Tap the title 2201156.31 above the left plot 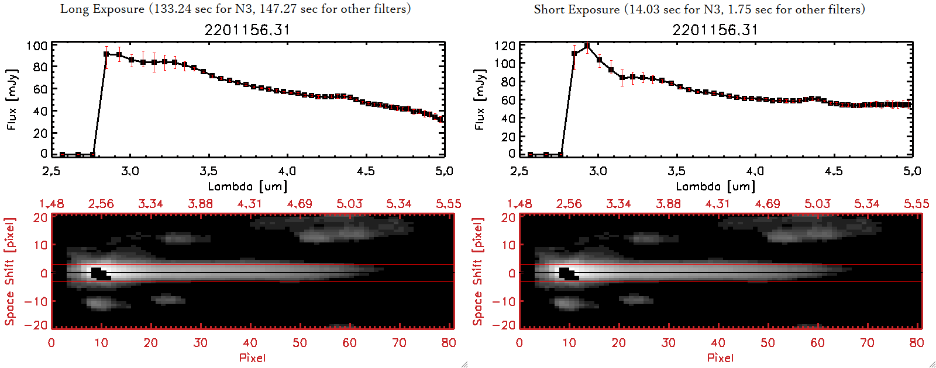(247, 30)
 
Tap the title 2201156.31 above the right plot (715, 30)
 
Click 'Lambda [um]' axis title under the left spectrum (247, 186)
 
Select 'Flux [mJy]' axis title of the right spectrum (480, 100)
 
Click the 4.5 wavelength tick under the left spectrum (366, 171)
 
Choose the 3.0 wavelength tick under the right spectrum (598, 171)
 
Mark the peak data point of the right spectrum (587, 46)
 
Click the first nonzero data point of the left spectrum (106, 54)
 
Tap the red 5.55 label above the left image (448, 204)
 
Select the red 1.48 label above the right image (519, 204)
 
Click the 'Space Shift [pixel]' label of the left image (9, 272)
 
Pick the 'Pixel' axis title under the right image (720, 357)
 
